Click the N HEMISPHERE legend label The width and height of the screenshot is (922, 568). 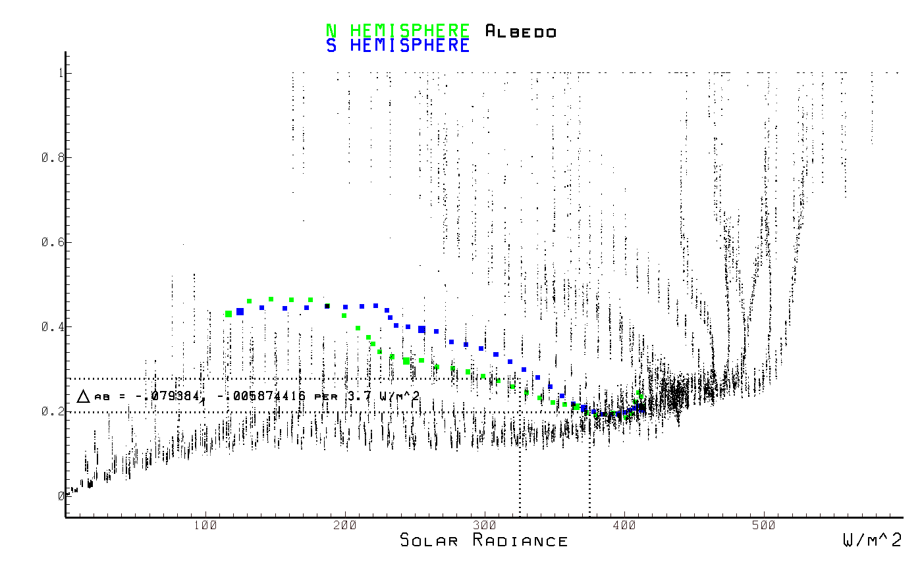pos(398,31)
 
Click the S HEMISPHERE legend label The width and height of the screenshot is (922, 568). pos(398,46)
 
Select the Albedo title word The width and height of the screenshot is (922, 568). pos(520,32)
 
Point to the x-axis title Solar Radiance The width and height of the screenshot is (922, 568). pos(484,541)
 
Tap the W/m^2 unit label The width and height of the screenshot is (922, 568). pos(872,541)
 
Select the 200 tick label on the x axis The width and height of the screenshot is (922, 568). pos(345,525)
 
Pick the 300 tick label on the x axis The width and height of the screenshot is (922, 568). pos(485,525)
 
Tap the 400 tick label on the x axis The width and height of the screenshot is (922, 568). pos(624,525)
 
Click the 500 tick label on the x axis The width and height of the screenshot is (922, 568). pos(764,525)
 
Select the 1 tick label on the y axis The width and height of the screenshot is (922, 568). pos(60,73)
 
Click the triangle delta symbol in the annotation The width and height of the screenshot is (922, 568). pos(83,396)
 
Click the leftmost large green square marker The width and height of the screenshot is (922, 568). pos(229,314)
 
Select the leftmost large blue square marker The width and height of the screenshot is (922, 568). pos(240,311)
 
